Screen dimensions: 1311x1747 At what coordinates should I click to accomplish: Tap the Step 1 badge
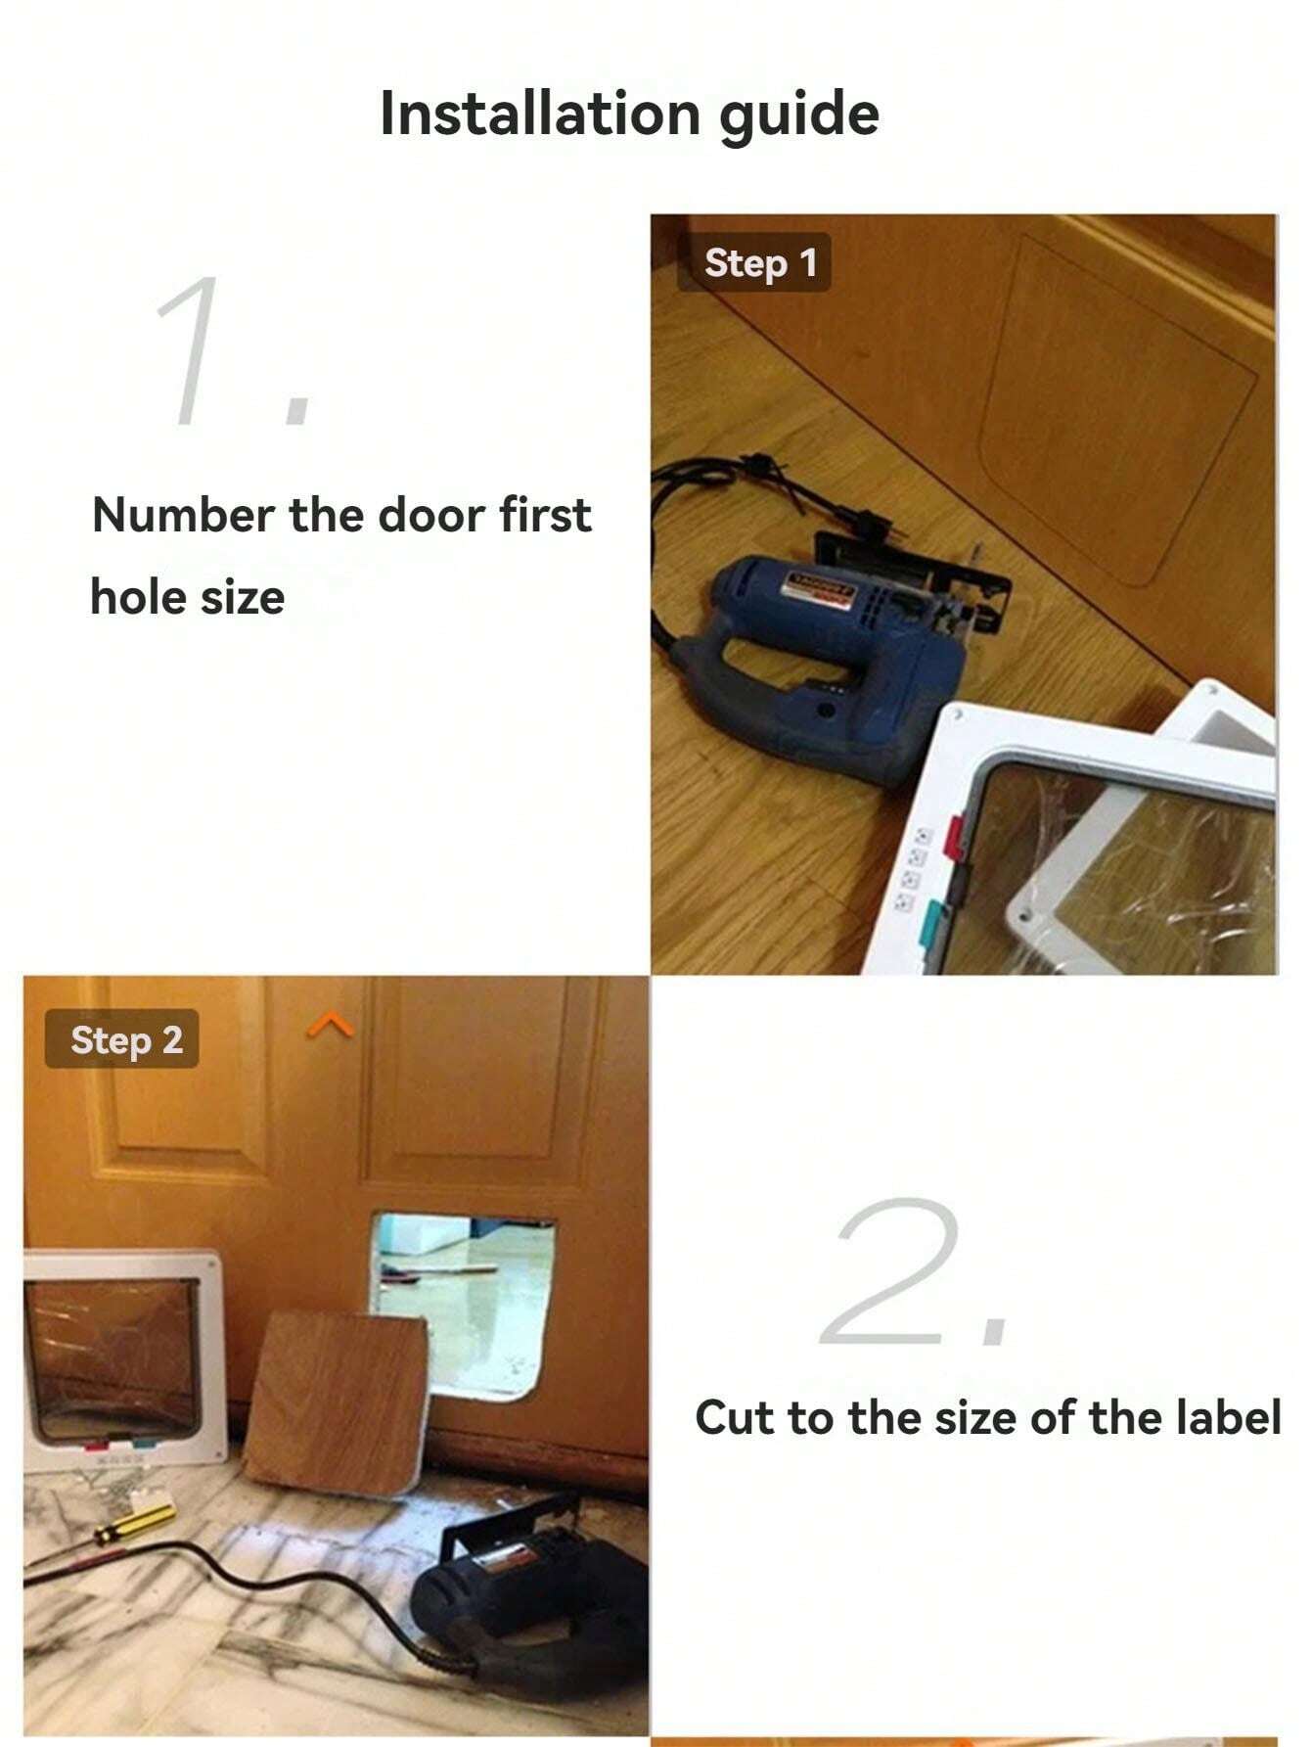[754, 262]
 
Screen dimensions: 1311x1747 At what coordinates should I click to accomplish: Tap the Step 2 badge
[121, 1038]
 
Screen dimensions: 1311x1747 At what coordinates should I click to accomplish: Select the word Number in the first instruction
[184, 515]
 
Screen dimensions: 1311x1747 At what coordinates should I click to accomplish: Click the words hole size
[187, 596]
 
